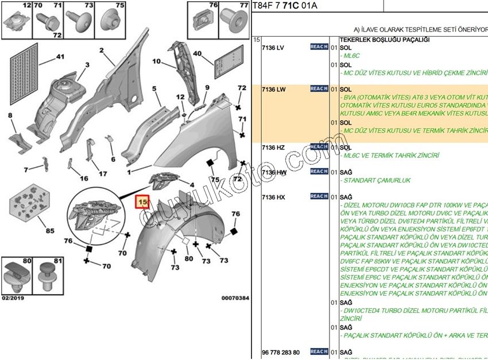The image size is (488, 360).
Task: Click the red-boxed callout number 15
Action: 142,203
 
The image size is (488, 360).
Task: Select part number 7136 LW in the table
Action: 273,90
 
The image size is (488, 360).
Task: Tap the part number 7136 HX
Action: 273,197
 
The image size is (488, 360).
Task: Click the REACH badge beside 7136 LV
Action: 319,47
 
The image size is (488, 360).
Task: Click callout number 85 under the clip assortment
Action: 50,231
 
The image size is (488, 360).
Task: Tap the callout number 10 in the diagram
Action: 157,61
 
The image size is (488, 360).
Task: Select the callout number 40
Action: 197,54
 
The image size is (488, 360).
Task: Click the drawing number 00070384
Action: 235,298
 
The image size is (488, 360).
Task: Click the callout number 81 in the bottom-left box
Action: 57,262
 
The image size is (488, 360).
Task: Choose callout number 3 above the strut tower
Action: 87,65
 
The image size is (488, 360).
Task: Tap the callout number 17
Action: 103,173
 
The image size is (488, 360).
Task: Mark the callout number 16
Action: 84,179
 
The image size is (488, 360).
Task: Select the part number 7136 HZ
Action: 273,148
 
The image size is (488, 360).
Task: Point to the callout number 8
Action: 10,116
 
